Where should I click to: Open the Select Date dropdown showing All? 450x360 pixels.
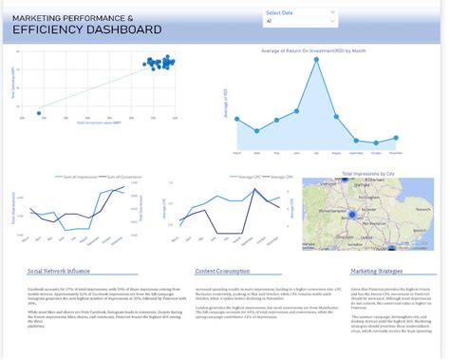point(300,20)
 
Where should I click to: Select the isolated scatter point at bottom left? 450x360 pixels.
point(38,113)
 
